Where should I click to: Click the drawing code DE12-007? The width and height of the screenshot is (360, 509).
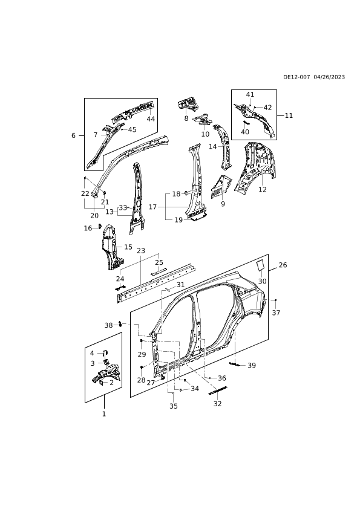296,77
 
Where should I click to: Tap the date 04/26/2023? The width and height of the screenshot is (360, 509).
330,77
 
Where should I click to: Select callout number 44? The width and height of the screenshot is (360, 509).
151,119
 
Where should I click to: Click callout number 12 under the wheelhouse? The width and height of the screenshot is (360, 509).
262,189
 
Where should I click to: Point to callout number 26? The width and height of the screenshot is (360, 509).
283,265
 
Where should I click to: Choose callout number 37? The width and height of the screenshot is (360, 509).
276,313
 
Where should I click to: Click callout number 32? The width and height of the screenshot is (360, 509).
217,403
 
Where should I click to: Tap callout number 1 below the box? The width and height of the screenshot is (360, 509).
104,414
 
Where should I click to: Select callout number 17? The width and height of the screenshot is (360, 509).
152,207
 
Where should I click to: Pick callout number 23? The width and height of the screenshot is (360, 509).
141,251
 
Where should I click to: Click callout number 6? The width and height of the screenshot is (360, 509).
73,135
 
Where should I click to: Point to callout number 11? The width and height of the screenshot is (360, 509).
289,115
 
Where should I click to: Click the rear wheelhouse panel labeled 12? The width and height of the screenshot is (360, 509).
256,168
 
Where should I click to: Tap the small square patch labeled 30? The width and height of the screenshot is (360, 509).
261,265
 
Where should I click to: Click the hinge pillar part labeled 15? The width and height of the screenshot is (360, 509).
111,247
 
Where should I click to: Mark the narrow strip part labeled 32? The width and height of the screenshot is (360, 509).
218,390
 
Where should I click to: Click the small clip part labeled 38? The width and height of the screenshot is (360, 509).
120,323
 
